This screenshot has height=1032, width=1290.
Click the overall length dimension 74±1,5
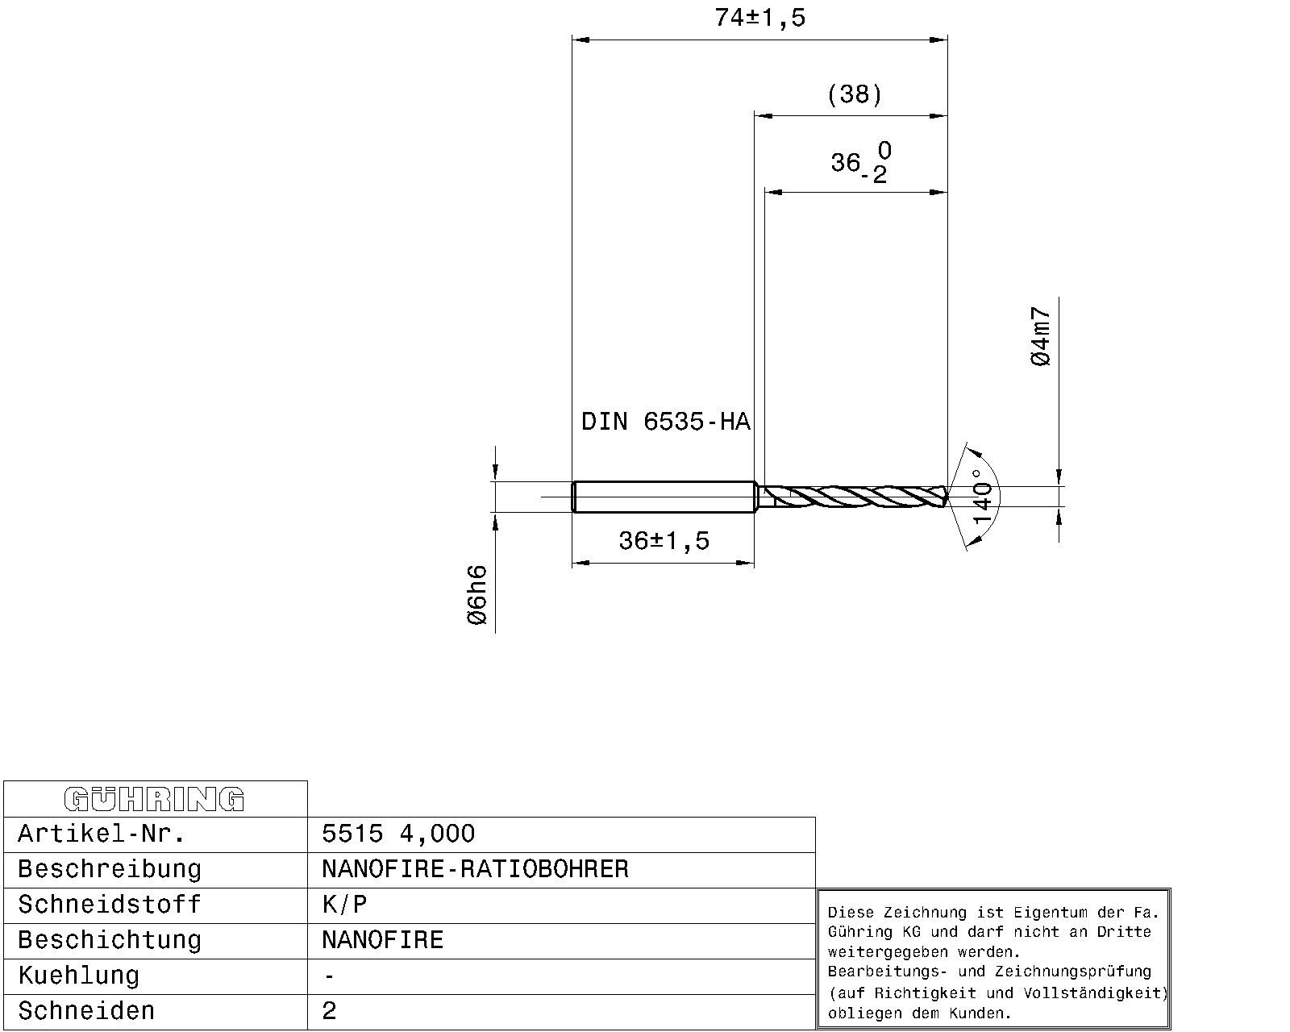click(x=759, y=18)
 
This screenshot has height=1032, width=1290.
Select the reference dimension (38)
click(x=854, y=95)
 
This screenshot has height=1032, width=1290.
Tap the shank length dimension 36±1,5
click(x=664, y=541)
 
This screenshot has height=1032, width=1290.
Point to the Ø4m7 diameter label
click(x=1041, y=336)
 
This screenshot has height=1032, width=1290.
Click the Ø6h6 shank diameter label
click(x=477, y=595)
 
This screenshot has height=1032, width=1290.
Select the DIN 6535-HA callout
click(x=666, y=422)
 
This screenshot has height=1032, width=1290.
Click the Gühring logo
click(x=154, y=799)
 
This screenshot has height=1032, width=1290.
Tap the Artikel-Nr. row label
click(x=102, y=834)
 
